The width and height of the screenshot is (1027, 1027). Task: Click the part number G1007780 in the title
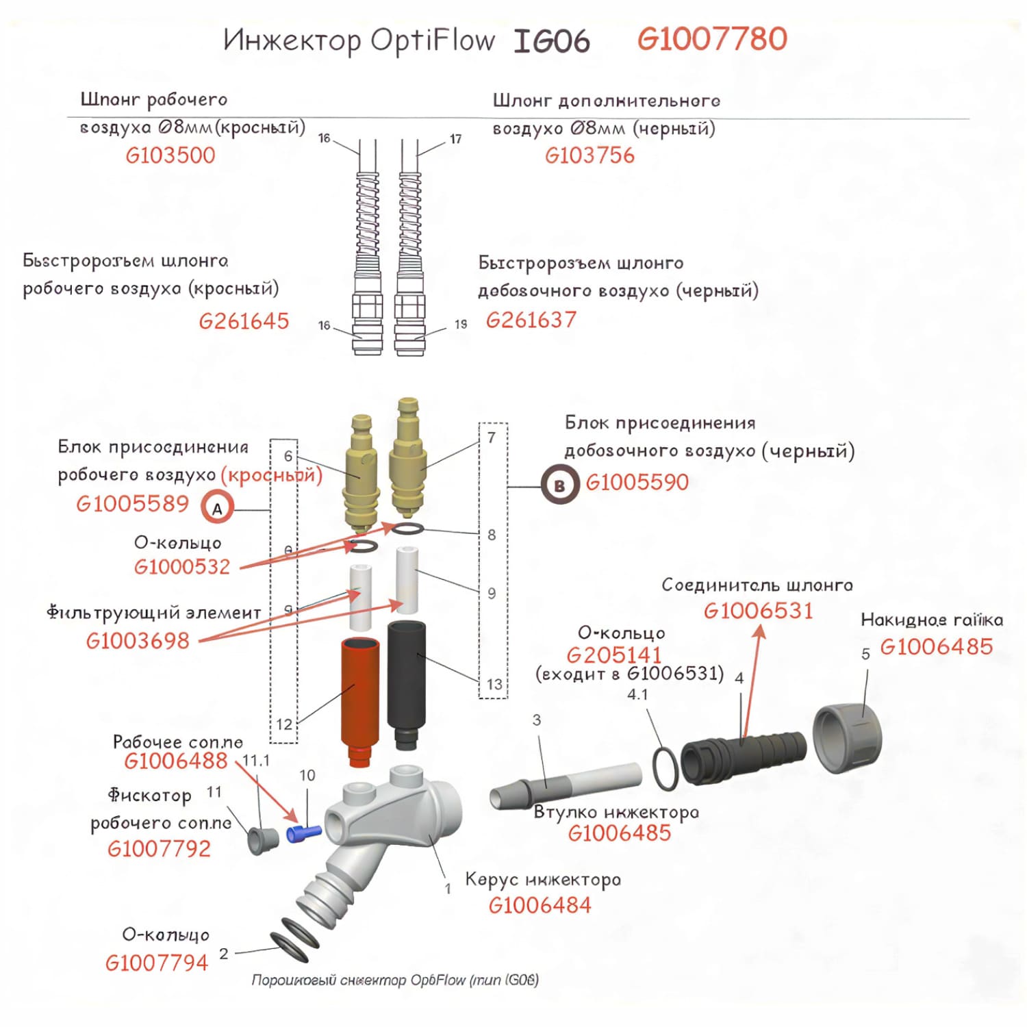pyautogui.click(x=712, y=39)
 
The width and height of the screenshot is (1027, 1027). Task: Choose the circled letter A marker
pyautogui.click(x=217, y=509)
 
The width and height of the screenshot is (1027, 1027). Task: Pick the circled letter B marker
pyautogui.click(x=559, y=485)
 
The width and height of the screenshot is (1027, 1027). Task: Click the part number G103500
pyautogui.click(x=170, y=155)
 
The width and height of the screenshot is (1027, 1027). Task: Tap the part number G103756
pyautogui.click(x=589, y=155)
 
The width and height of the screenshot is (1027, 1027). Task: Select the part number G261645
pyautogui.click(x=244, y=320)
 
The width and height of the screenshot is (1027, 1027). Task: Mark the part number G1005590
pyautogui.click(x=637, y=482)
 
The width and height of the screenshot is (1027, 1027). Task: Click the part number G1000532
pyautogui.click(x=182, y=566)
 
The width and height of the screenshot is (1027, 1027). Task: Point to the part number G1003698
pyautogui.click(x=138, y=640)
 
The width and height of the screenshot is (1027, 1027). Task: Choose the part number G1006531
pyautogui.click(x=758, y=610)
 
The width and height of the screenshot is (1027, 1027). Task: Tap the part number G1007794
pyautogui.click(x=156, y=963)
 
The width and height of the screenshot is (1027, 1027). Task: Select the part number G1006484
pyautogui.click(x=540, y=905)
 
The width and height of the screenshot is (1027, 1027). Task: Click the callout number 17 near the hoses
pyautogui.click(x=456, y=139)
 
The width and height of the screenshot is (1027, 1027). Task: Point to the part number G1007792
pyautogui.click(x=159, y=848)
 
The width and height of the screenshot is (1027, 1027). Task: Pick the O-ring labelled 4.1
pyautogui.click(x=665, y=768)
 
